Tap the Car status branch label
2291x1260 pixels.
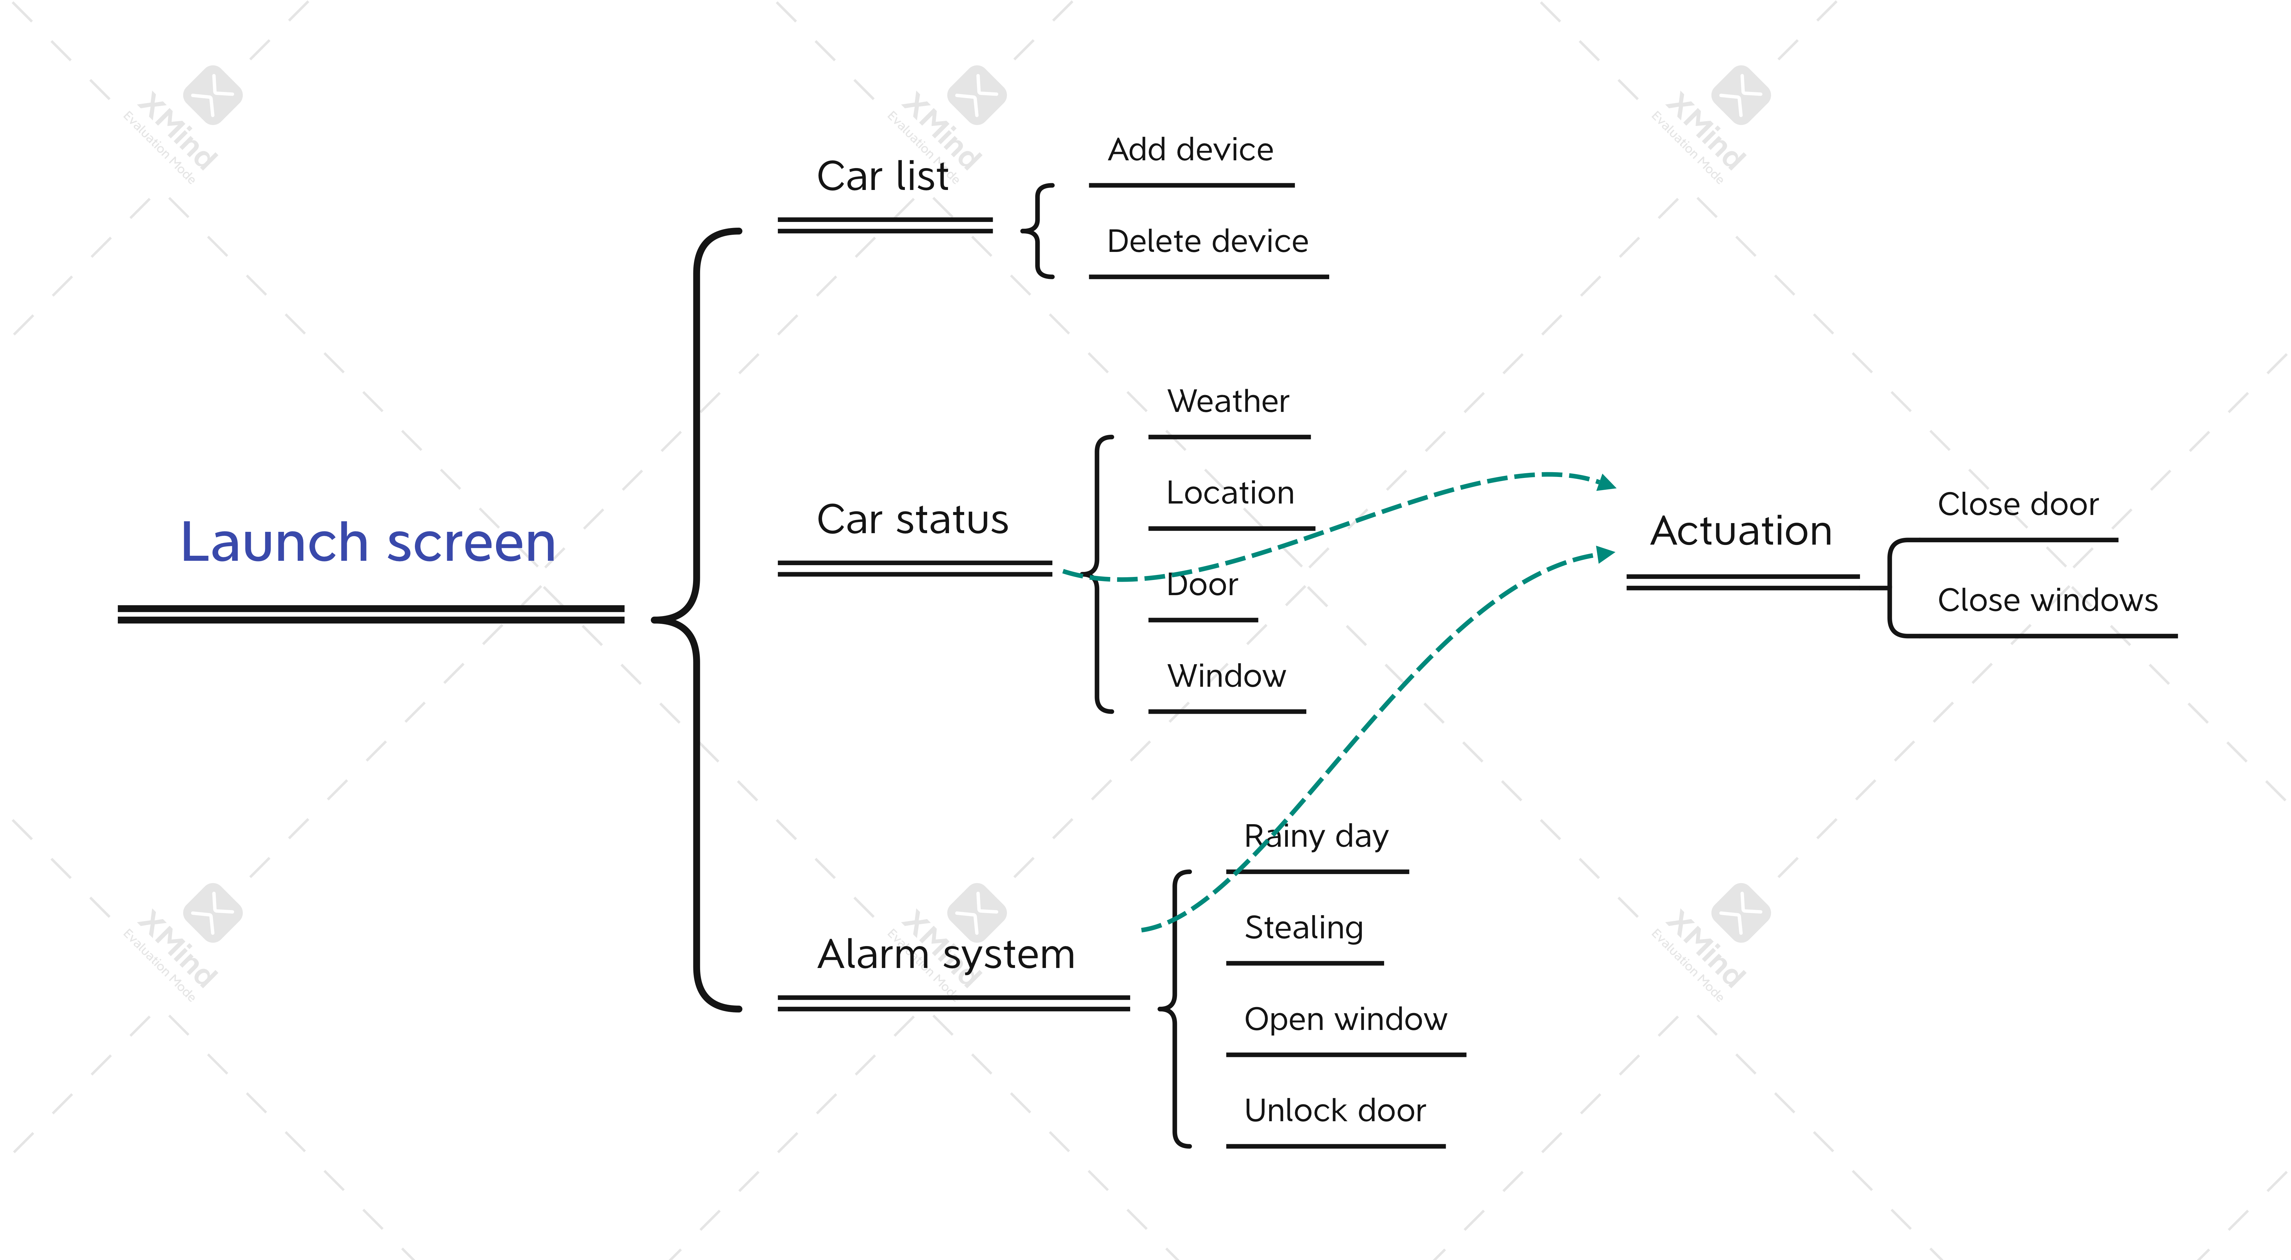coord(913,519)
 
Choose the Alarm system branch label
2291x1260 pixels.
coord(945,954)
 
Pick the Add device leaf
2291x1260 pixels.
coord(1190,150)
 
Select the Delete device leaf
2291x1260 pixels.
coord(1207,241)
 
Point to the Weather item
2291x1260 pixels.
coord(1227,401)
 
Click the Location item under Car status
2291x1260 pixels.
coord(1230,493)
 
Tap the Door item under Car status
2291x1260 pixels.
coord(1202,584)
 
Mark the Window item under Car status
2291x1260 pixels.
coord(1226,676)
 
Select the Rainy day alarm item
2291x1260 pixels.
coord(1315,836)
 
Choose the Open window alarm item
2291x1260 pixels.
coord(1345,1019)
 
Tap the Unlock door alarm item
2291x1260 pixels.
coord(1334,1110)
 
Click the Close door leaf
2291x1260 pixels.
coord(2017,504)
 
